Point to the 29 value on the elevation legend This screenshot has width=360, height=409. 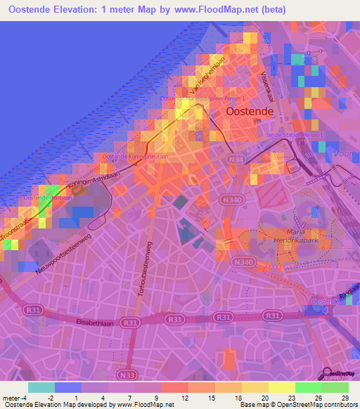[x=343, y=398]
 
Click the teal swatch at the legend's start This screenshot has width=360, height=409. [x=41, y=387]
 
